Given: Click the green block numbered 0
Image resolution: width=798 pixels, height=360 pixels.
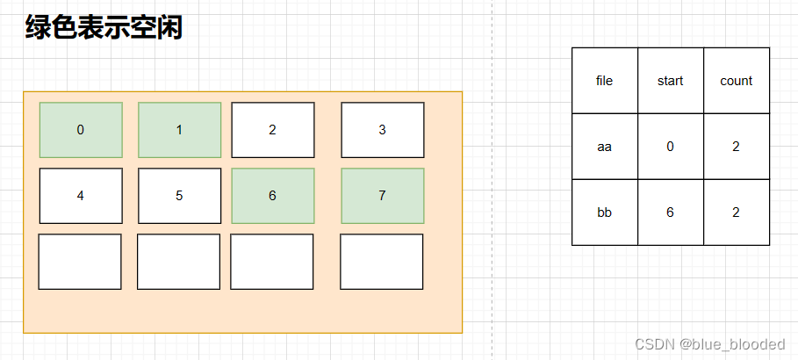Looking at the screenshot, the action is pyautogui.click(x=81, y=130).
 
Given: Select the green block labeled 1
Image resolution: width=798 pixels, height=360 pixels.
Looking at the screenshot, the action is pyautogui.click(x=179, y=130).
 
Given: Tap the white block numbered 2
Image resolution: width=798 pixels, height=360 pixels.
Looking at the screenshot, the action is pyautogui.click(x=272, y=130).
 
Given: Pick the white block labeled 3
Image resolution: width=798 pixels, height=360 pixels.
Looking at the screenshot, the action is pyautogui.click(x=382, y=130).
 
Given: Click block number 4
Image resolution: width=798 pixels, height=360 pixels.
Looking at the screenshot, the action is pyautogui.click(x=81, y=196).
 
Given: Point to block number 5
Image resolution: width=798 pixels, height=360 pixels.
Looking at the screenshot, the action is pyautogui.click(x=179, y=196).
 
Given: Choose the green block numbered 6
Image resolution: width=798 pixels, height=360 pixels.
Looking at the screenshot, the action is pyautogui.click(x=272, y=196).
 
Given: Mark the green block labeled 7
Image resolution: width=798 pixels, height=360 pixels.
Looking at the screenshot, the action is pyautogui.click(x=382, y=196).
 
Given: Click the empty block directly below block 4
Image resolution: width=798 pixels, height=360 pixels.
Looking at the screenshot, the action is pyautogui.click(x=80, y=262).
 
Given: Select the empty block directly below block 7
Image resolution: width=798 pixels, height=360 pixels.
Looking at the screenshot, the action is pyautogui.click(x=381, y=262).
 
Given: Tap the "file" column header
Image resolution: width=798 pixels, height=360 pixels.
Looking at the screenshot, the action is pyautogui.click(x=604, y=81).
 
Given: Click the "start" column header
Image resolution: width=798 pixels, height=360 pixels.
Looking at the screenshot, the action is pyautogui.click(x=670, y=81).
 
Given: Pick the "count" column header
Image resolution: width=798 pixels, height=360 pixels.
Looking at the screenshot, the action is pyautogui.click(x=736, y=81).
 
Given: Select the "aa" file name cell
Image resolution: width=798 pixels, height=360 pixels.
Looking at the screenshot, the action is pyautogui.click(x=604, y=147).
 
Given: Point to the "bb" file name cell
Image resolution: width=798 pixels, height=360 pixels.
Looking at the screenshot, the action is pyautogui.click(x=604, y=212).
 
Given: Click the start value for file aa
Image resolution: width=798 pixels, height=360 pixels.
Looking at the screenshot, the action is pyautogui.click(x=670, y=147).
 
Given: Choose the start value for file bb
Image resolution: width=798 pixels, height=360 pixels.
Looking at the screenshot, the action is pyautogui.click(x=670, y=212).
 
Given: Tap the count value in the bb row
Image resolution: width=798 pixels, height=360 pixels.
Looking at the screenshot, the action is pyautogui.click(x=736, y=212).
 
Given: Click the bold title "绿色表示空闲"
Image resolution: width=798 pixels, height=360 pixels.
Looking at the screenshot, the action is pyautogui.click(x=104, y=28).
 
